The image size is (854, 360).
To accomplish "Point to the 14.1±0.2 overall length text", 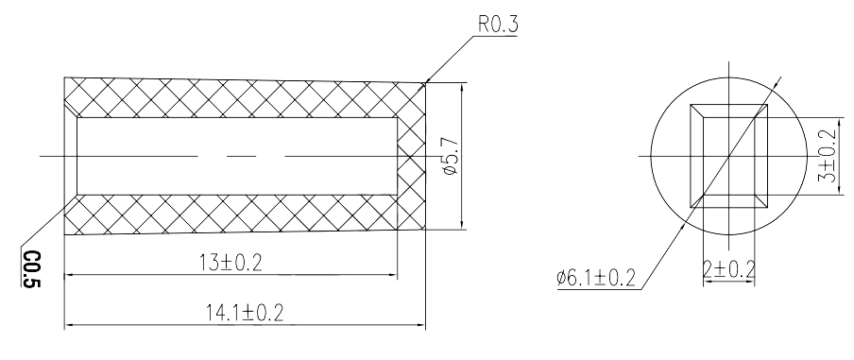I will click(244, 312).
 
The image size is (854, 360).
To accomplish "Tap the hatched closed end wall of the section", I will click(410, 154).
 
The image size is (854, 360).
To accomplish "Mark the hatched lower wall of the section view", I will click(236, 213).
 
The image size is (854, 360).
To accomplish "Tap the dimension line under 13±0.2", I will click(230, 276).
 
